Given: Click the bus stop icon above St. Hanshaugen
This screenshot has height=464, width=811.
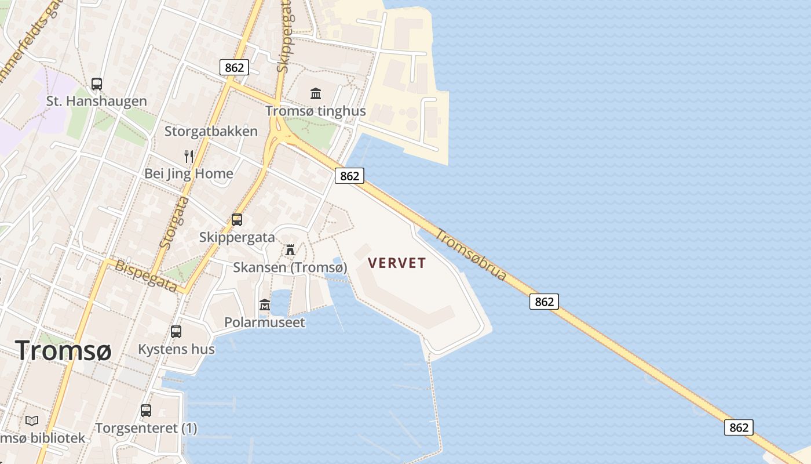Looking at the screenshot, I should tap(97, 84).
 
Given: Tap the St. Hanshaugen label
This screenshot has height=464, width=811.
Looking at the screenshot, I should tap(97, 101).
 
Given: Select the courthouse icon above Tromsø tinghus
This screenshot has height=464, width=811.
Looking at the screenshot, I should tap(316, 93).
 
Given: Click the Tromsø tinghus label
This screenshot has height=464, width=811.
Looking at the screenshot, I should tap(316, 111).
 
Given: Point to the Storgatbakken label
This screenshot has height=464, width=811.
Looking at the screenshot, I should tap(211, 131).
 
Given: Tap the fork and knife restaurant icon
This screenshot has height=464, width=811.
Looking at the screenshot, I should tap(188, 156).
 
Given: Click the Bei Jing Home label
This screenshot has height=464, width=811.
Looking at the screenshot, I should tap(189, 173).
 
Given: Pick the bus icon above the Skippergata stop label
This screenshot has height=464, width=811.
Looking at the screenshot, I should tap(236, 220).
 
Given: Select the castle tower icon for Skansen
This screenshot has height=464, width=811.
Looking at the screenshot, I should tap(290, 250).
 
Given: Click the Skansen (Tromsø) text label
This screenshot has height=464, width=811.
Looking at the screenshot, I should tap(290, 267).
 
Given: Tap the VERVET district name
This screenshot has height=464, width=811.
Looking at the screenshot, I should tap(397, 263).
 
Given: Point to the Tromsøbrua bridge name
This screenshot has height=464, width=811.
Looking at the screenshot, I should tap(471, 255).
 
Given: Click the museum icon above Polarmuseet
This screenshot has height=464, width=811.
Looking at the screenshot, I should tap(265, 304).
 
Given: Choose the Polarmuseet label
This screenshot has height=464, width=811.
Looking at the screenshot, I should tap(265, 322).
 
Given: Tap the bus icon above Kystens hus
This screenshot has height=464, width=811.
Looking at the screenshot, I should tap(176, 332).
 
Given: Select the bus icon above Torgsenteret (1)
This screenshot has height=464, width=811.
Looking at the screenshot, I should tap(146, 411).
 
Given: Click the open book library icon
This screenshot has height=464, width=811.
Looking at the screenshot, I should tap(32, 420).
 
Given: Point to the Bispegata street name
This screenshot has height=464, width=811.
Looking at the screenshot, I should tap(146, 275).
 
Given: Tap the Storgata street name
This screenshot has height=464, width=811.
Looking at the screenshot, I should tap(174, 223).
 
